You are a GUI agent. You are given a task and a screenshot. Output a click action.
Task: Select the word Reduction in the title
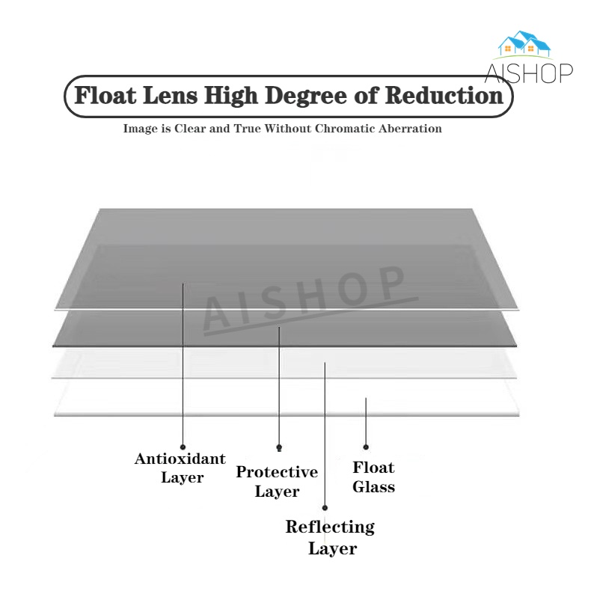coord(444,97)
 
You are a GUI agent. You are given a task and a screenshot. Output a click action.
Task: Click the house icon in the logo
coord(524,44)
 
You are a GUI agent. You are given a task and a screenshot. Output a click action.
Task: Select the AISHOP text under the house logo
coord(527,73)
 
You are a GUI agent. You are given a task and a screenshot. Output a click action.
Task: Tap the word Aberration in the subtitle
coord(411,129)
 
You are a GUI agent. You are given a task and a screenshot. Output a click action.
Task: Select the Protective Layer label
coord(277,481)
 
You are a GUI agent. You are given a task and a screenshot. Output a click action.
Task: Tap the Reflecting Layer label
coord(330,537)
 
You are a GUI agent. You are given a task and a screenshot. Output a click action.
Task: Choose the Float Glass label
coord(373,477)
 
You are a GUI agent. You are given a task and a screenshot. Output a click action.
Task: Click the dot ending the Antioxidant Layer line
coord(183,447)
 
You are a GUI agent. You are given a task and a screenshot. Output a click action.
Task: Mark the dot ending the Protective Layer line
coord(279,447)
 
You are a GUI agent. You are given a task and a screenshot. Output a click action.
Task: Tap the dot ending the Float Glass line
coord(366,447)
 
